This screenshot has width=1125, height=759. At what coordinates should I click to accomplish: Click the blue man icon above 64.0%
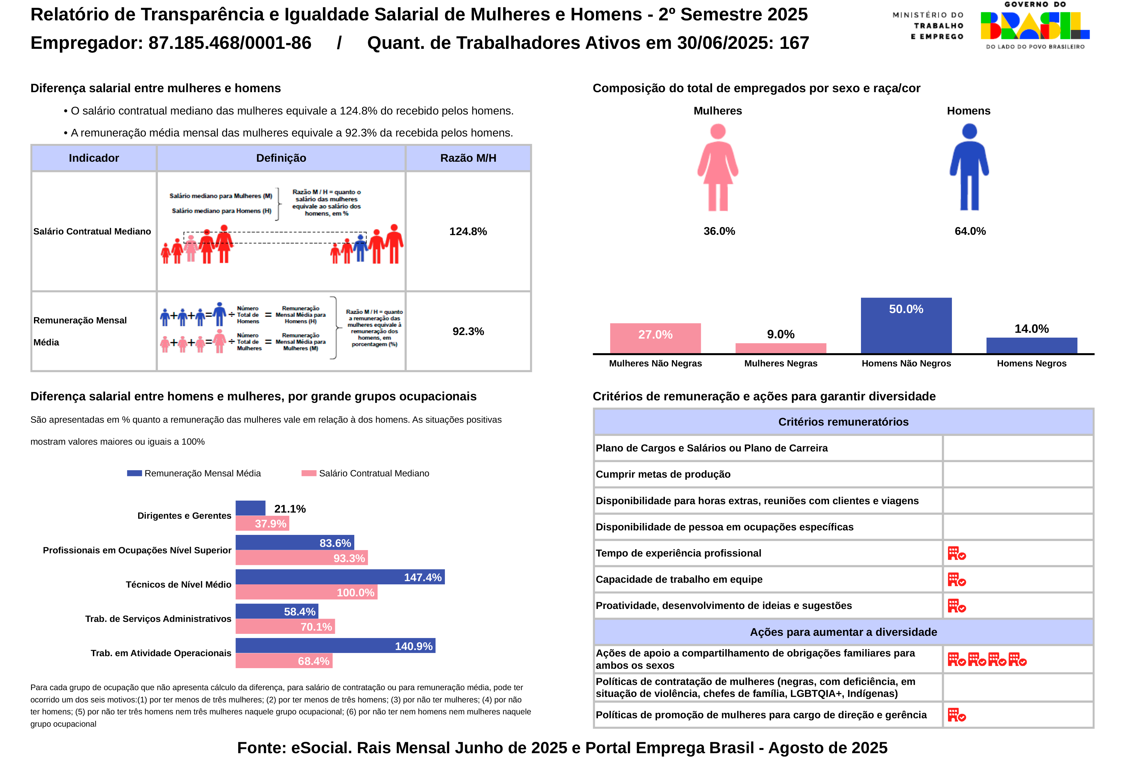[x=969, y=168]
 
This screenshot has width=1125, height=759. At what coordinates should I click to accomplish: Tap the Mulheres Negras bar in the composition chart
[x=780, y=348]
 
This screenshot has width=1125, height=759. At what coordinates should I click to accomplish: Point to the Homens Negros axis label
[x=1031, y=363]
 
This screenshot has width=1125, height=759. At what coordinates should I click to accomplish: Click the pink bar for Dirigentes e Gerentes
[x=262, y=524]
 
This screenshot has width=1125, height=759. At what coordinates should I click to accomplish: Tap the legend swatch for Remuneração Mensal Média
[x=134, y=473]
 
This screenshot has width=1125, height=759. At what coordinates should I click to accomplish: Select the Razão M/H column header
[x=468, y=158]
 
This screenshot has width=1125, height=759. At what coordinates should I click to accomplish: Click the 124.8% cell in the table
[x=468, y=231]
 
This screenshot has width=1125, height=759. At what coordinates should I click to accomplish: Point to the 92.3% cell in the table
[x=468, y=331]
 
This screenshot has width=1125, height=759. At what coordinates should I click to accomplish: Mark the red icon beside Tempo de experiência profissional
[x=956, y=553]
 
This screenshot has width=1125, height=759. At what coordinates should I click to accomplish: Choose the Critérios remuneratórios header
[x=843, y=422]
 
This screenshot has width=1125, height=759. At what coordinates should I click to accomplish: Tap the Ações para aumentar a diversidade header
[x=843, y=632]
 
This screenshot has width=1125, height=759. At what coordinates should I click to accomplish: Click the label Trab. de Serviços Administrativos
[x=158, y=619]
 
